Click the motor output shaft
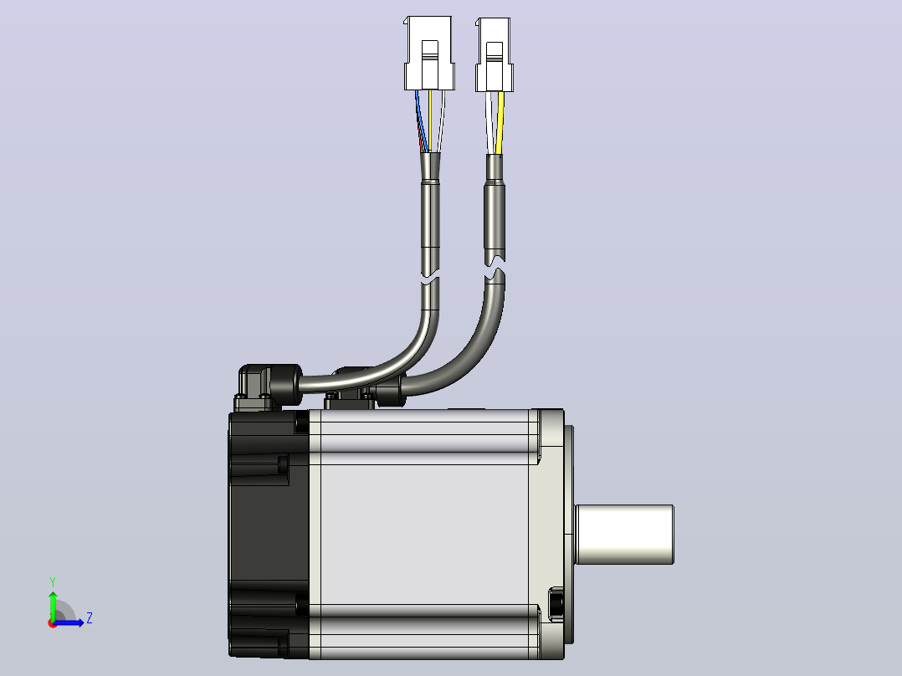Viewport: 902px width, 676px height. click(x=625, y=535)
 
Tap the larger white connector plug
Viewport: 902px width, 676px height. click(x=429, y=53)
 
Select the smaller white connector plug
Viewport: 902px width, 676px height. click(x=495, y=54)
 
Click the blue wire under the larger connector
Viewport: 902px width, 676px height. click(x=422, y=120)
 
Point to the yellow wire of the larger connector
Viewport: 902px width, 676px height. click(x=430, y=120)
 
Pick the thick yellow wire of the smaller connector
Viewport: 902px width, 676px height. click(x=500, y=123)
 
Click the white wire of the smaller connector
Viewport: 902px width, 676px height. click(x=489, y=123)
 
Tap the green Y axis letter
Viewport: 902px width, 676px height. click(x=53, y=582)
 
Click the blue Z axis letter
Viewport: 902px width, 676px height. click(x=90, y=618)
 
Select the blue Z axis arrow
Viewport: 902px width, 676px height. click(x=69, y=622)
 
